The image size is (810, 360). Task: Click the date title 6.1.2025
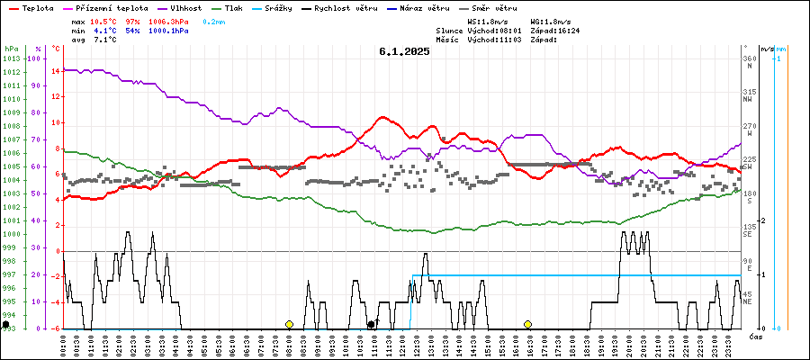click(x=404, y=51)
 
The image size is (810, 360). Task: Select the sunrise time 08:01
click(x=506, y=31)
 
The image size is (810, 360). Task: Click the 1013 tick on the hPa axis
click(x=11, y=58)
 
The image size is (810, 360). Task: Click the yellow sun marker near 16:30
click(x=528, y=324)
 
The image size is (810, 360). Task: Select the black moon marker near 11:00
click(x=371, y=324)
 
